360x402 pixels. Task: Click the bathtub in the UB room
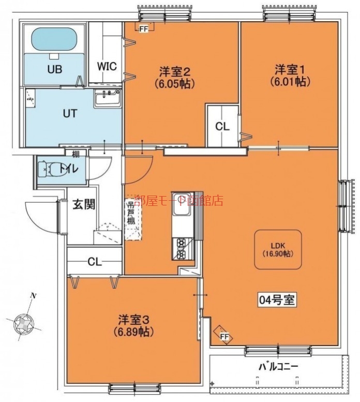tap(54, 39)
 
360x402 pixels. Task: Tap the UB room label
tap(55, 69)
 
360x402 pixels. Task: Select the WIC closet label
tap(107, 66)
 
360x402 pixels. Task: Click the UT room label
tap(70, 113)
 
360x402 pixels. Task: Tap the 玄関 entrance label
tap(83, 204)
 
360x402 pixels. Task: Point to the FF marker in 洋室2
tap(143, 29)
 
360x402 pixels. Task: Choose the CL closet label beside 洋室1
tap(222, 126)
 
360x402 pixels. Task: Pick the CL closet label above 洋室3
tap(94, 261)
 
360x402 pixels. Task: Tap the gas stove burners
tap(183, 247)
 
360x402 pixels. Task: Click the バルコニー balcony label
tap(278, 366)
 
